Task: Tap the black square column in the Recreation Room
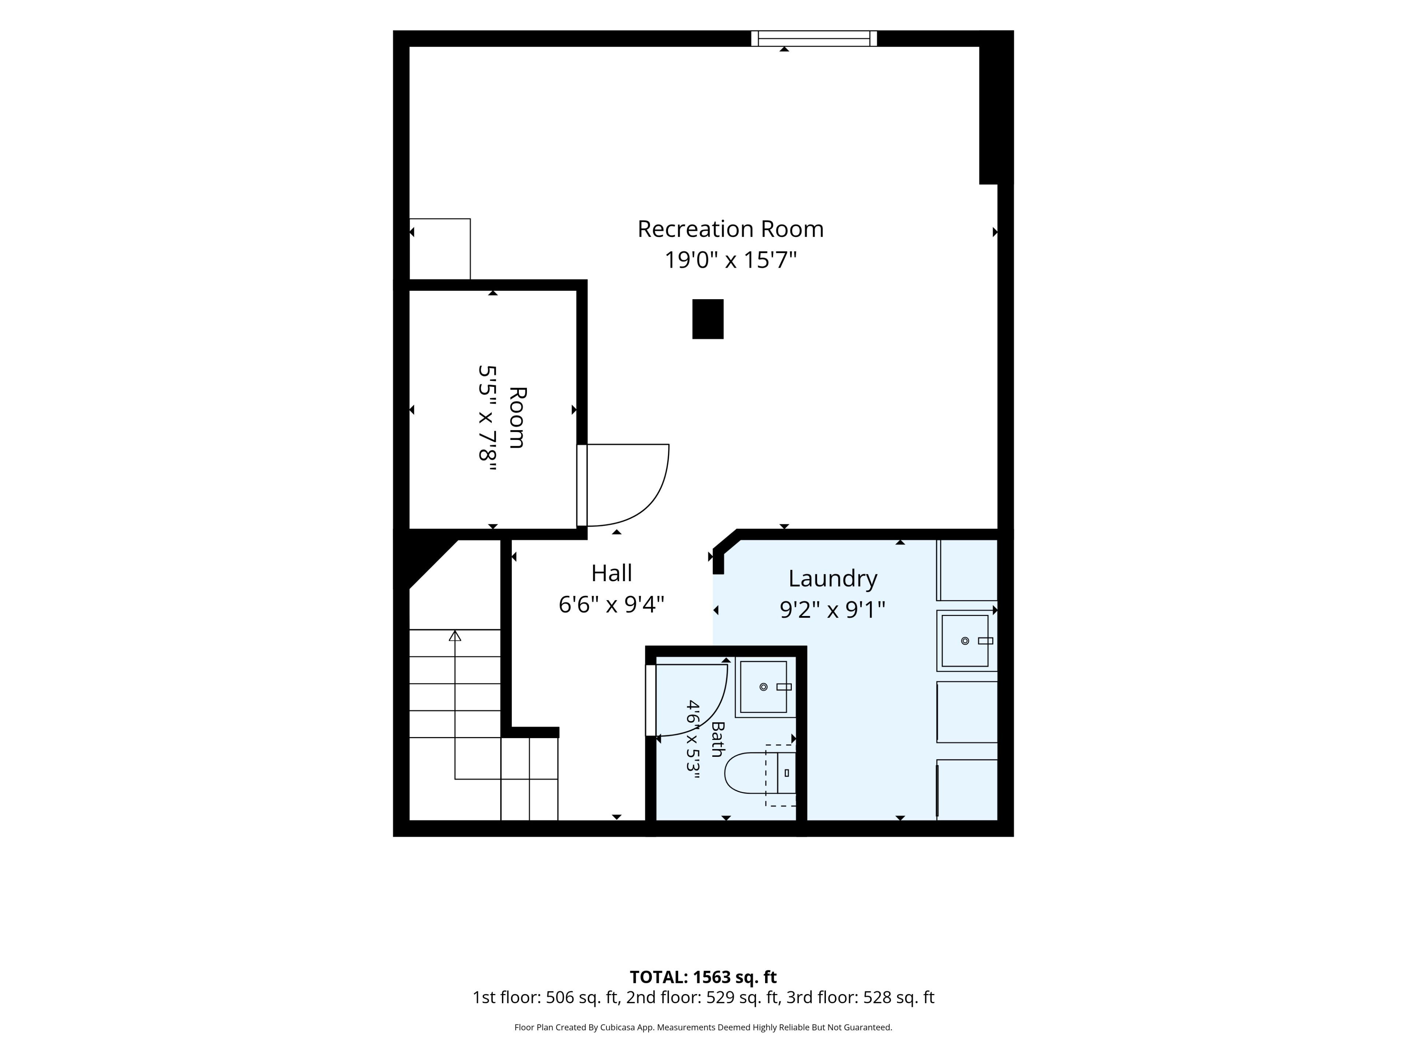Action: [x=708, y=319]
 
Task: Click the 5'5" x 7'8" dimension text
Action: [x=487, y=418]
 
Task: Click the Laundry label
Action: [x=832, y=579]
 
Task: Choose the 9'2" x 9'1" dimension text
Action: [x=832, y=610]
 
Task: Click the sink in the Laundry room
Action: [x=966, y=640]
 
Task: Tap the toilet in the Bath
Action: [x=761, y=773]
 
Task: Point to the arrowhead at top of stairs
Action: [x=455, y=635]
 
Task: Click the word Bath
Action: [x=717, y=739]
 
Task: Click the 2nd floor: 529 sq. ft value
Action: [x=703, y=997]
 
